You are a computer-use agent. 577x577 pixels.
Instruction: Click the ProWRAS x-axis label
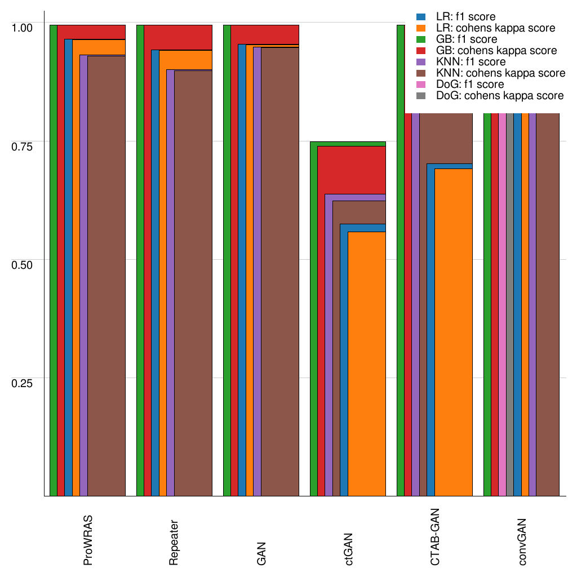88,540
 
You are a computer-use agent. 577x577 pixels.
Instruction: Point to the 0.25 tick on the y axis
23,383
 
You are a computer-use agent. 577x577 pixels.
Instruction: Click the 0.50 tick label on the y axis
23,265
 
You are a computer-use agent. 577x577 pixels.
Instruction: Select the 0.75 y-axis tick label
23,147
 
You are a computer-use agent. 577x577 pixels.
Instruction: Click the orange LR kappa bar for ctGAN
366,366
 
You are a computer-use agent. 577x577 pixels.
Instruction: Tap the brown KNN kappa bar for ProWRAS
106,282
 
